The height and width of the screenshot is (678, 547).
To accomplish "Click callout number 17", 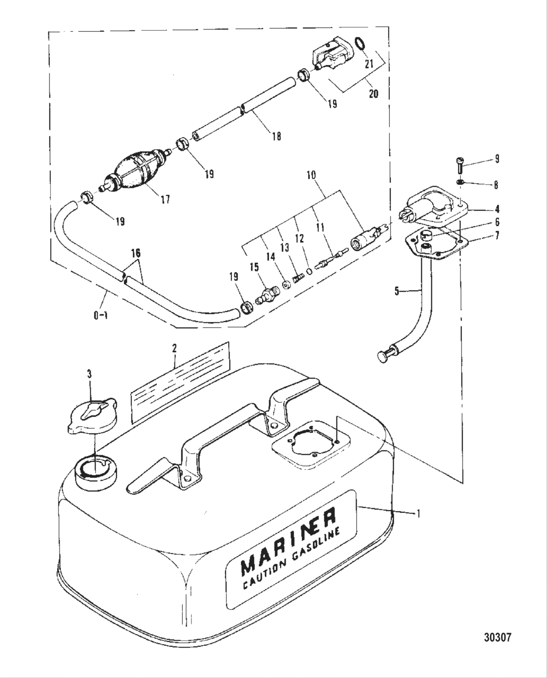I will [x=166, y=199].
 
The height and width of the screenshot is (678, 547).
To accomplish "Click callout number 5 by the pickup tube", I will [x=397, y=292].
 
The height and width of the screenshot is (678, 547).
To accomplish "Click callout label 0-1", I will [x=101, y=315].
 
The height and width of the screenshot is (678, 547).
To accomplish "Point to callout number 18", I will [x=276, y=136].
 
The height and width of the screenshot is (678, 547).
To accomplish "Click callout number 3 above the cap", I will [x=89, y=374].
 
